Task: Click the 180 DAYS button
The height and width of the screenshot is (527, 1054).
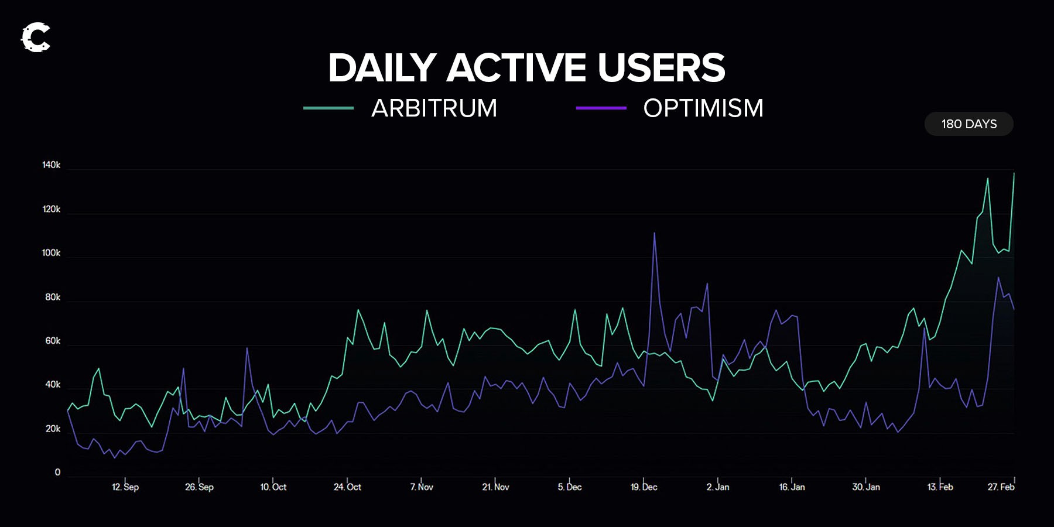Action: tap(969, 124)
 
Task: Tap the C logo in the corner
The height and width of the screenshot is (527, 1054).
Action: tap(36, 37)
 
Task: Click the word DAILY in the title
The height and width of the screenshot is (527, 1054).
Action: tap(382, 68)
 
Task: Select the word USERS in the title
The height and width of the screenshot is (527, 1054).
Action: tap(661, 68)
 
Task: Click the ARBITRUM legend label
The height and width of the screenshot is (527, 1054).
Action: tap(434, 108)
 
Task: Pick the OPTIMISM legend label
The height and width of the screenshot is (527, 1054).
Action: tap(703, 108)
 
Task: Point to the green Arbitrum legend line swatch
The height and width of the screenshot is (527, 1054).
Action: tap(328, 108)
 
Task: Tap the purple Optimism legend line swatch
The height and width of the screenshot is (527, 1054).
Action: tap(601, 108)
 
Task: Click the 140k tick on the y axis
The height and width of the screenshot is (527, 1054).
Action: tap(52, 165)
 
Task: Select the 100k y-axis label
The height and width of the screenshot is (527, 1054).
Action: tap(52, 253)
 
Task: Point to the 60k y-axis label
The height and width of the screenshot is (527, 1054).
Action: tap(53, 341)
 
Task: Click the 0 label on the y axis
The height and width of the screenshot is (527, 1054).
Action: tap(57, 473)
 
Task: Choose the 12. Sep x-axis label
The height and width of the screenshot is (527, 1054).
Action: tap(125, 487)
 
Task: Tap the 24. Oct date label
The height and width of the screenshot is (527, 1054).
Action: tap(347, 487)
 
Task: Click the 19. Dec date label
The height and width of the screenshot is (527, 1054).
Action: tap(644, 487)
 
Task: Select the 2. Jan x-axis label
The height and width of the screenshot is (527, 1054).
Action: tap(718, 487)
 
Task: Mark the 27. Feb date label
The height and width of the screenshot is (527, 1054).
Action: tap(1001, 487)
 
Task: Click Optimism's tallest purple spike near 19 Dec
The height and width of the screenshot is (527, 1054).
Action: tap(654, 234)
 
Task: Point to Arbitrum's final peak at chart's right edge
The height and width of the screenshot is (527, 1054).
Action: tap(1014, 174)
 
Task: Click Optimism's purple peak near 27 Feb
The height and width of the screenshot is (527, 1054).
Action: tap(998, 278)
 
